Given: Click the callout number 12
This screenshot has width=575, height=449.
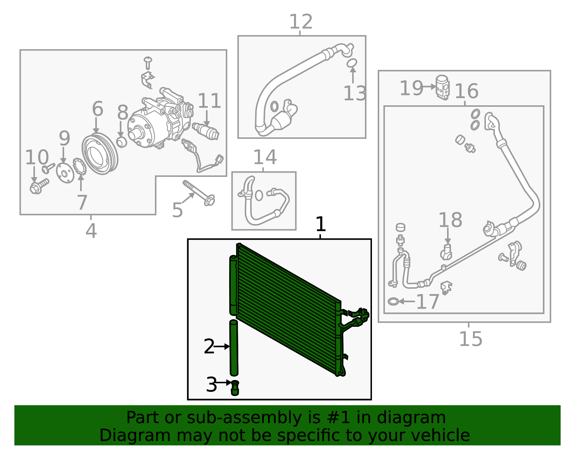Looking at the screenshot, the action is pos(301,22).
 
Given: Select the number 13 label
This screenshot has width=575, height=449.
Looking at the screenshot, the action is pos(355,93).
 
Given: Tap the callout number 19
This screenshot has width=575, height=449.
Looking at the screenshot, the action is pos(411,88).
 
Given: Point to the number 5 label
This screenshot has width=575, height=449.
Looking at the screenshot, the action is pos(177,210).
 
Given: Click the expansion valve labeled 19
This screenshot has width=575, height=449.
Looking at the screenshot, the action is pos(443,87).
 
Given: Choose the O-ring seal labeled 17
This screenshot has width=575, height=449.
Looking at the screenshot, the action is pos(393,301).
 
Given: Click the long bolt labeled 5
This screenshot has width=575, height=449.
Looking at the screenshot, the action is pos(199,193).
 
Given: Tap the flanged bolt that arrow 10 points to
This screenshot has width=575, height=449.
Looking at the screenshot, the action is pos(40,186).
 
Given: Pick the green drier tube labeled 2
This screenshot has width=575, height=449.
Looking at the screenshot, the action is pos(234,348).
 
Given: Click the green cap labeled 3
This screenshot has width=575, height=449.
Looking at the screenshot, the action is pos(235,388).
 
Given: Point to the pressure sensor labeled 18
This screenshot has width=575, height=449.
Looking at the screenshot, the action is pos(446,252).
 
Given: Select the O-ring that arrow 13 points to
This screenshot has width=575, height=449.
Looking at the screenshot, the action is pos(352,63).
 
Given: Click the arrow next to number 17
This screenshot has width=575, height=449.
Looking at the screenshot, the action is pos(407,301).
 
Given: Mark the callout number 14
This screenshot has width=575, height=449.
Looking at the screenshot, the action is pos(265,157).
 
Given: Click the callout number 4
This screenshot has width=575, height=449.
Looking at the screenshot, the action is pos(91,231).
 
